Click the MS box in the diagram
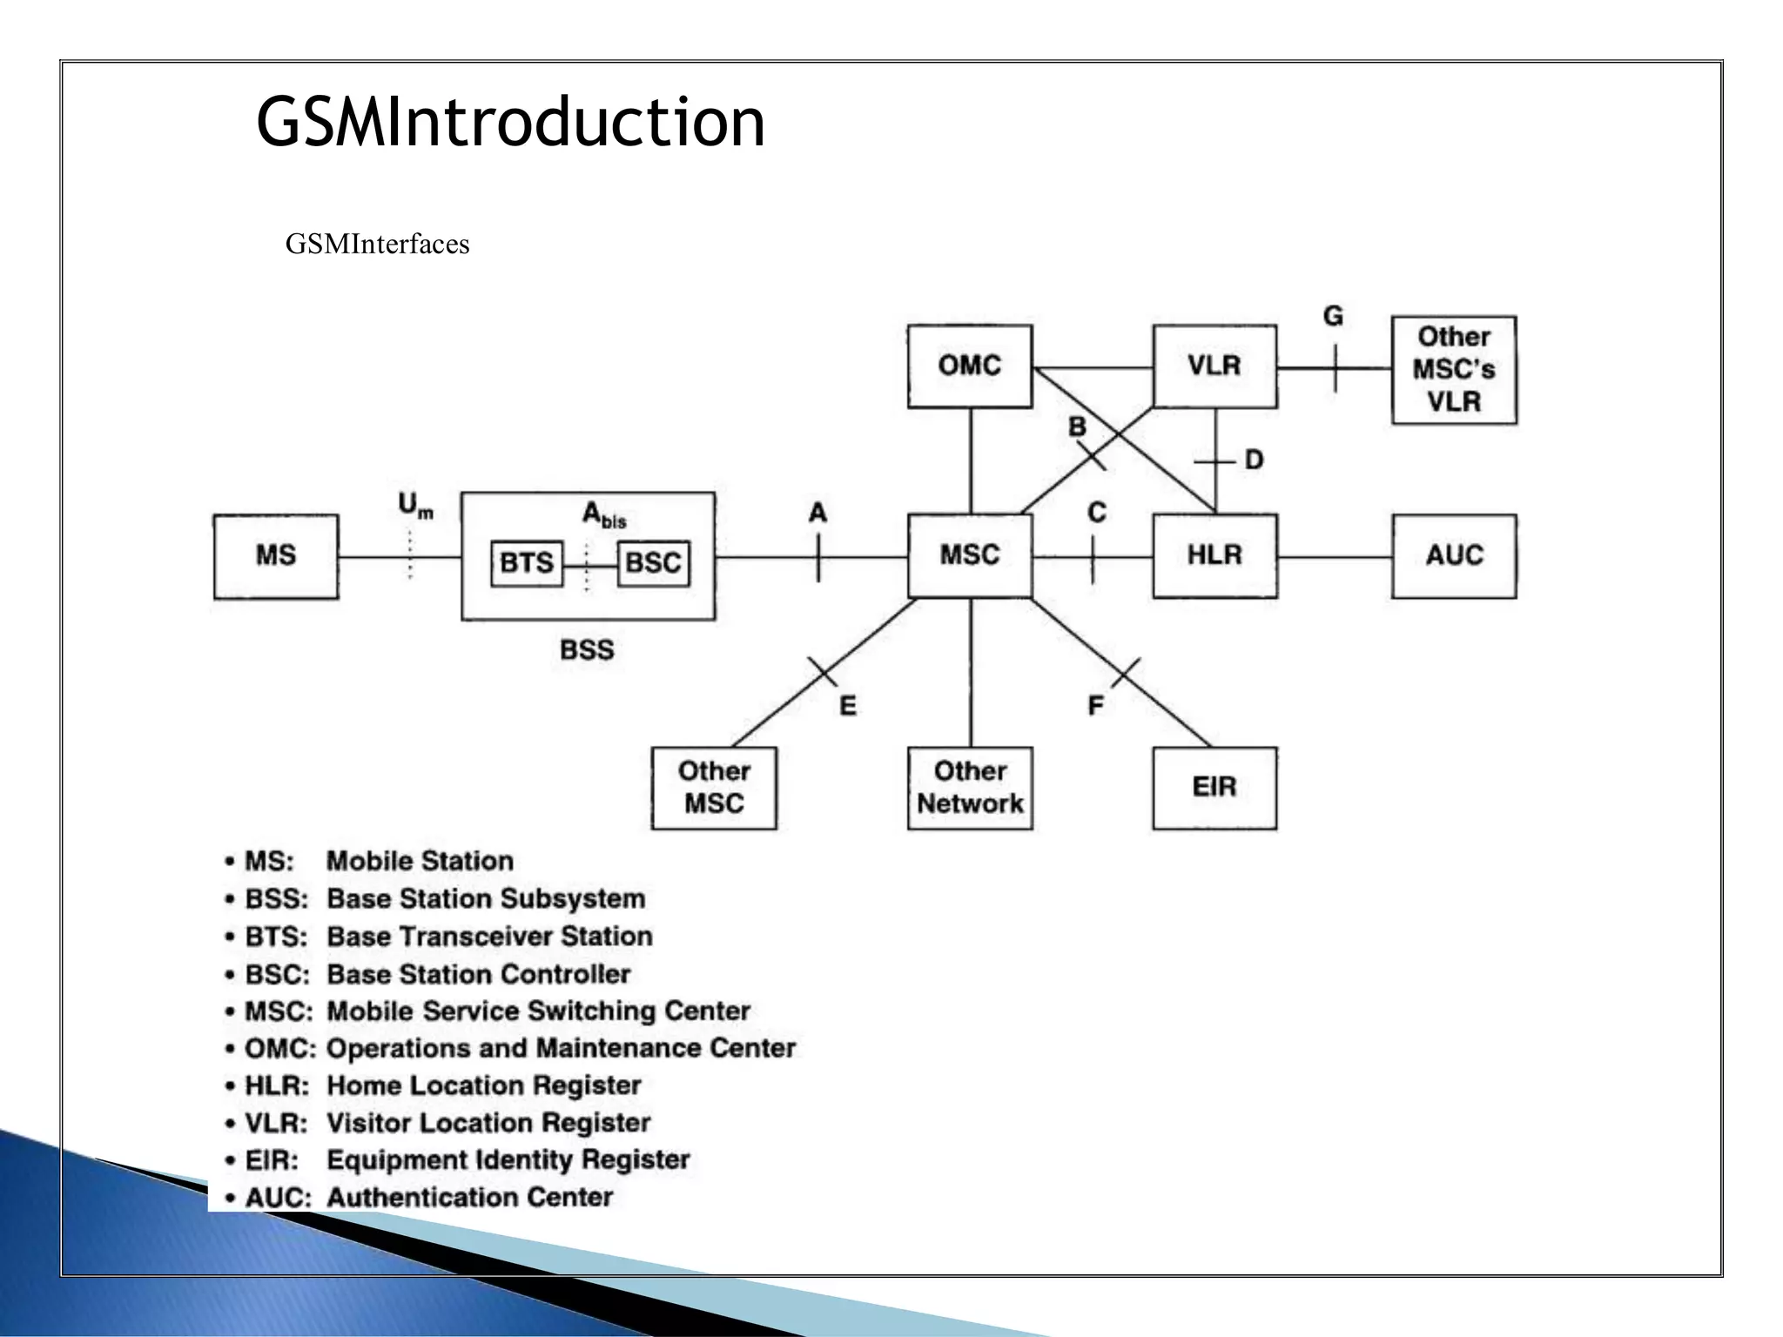[275, 556]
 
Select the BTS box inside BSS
[526, 563]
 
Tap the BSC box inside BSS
[653, 563]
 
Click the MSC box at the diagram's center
[970, 555]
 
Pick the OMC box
[969, 366]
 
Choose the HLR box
[1214, 555]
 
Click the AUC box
[1453, 555]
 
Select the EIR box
[1214, 787]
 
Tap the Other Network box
[970, 787]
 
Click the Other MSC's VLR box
[1453, 369]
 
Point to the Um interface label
[414, 506]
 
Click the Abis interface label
[603, 515]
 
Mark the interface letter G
[1332, 316]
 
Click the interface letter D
[1254, 460]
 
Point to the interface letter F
[1095, 705]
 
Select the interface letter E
[847, 705]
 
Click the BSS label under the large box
[587, 650]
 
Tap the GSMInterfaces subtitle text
[377, 245]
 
